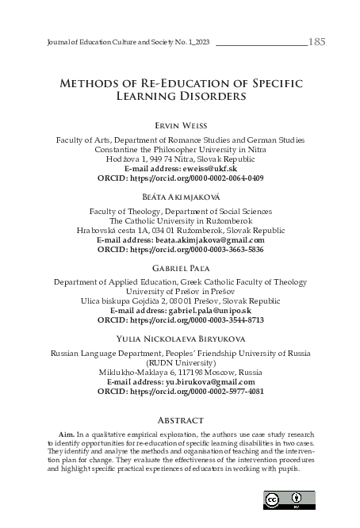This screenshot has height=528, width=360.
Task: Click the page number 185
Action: point(316,41)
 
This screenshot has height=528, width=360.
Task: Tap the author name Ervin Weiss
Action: point(179,125)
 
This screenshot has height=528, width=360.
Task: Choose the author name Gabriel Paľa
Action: point(179,268)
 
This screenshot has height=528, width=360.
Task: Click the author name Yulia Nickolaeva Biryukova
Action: point(179,339)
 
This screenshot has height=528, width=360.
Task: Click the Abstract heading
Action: point(179,419)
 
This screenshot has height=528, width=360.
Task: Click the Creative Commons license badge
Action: point(289,499)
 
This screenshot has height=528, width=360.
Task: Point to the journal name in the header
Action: point(122,42)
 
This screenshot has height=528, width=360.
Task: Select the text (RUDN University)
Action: point(179,363)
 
